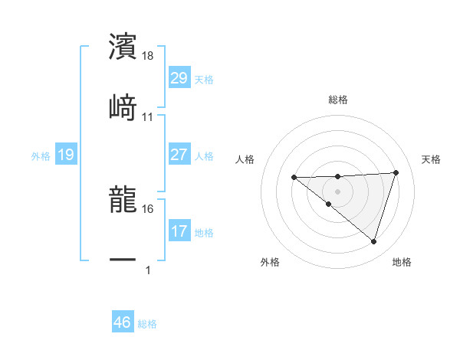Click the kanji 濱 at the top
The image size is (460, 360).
123,47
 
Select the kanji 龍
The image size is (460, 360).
123,200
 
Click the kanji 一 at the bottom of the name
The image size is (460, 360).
123,260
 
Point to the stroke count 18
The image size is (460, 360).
148,56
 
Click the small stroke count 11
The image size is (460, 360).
148,117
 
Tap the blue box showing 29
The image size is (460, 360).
179,78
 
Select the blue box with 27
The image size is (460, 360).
179,155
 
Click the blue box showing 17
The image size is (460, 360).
179,231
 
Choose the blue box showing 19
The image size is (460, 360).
66,155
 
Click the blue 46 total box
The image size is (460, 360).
122,322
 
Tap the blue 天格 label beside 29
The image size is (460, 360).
204,79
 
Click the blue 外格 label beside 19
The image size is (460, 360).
41,155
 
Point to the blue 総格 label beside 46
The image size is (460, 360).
147,324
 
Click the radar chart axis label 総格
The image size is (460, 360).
338,100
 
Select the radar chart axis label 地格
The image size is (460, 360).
402,262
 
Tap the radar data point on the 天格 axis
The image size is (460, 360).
396,172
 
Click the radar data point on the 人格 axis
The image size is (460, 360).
294,178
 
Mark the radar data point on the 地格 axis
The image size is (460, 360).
373,241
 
